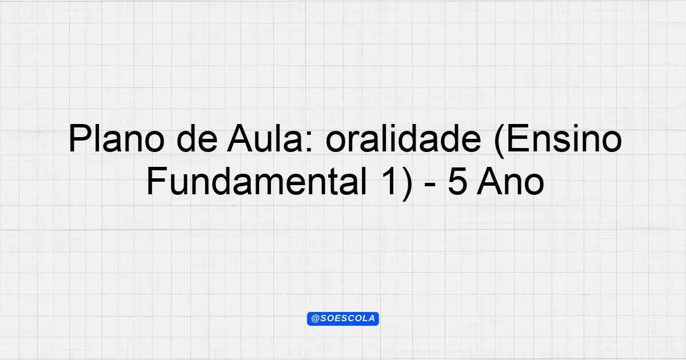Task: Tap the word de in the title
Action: [x=197, y=138]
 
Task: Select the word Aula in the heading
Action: [x=265, y=138]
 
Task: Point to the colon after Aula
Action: [x=309, y=142]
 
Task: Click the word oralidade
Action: [x=404, y=138]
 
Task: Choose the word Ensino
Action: [x=564, y=138]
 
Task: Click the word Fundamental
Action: [x=257, y=181]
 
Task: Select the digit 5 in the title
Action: [x=457, y=182]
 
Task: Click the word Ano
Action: [x=510, y=181]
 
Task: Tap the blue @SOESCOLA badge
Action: [x=342, y=319]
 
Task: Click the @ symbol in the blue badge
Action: [x=315, y=319]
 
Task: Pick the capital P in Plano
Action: [x=79, y=138]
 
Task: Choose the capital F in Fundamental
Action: [x=157, y=181]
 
